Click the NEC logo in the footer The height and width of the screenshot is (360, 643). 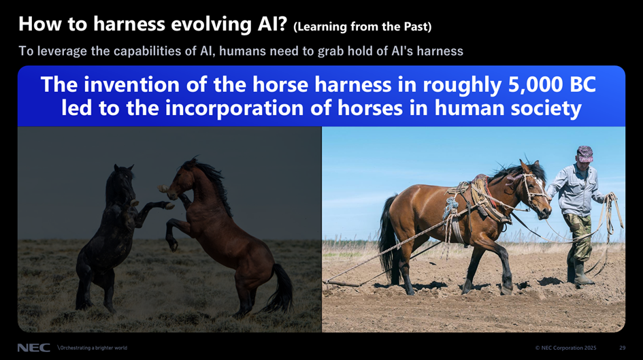click(x=33, y=348)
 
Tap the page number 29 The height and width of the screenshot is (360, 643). click(x=622, y=348)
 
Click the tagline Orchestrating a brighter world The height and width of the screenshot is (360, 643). click(x=93, y=348)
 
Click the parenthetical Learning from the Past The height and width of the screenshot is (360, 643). click(x=363, y=27)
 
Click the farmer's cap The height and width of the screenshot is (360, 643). click(x=584, y=153)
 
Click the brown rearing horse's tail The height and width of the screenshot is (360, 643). click(x=281, y=289)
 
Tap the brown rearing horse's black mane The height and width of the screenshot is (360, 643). click(x=212, y=180)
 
